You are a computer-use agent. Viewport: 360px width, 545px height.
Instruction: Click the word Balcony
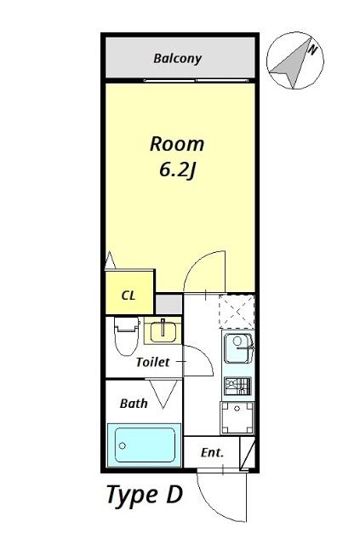pos(177,59)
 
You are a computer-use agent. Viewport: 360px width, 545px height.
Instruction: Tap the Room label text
pos(177,143)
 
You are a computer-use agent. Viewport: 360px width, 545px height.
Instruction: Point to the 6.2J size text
pos(177,169)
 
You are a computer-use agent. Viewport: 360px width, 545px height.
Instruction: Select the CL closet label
pos(129,295)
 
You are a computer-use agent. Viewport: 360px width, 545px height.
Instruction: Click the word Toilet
pos(153,362)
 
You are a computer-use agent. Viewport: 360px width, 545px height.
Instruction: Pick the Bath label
pos(134,403)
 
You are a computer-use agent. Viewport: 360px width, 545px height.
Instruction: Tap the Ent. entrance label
pos(212,453)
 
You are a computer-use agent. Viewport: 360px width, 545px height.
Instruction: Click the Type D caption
pos(144,496)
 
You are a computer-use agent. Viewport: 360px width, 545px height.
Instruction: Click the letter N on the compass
pos(311,50)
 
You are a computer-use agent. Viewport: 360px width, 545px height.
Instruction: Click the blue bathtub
pos(146,445)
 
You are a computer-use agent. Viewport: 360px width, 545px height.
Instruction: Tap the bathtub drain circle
pos(123,445)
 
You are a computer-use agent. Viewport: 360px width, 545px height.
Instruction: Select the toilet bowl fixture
pos(125,335)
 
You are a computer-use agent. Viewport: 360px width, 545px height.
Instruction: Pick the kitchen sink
pos(237,347)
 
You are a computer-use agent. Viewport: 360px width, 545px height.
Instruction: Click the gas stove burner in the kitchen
pos(237,386)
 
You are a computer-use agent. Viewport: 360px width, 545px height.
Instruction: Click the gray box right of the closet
pos(169,304)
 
